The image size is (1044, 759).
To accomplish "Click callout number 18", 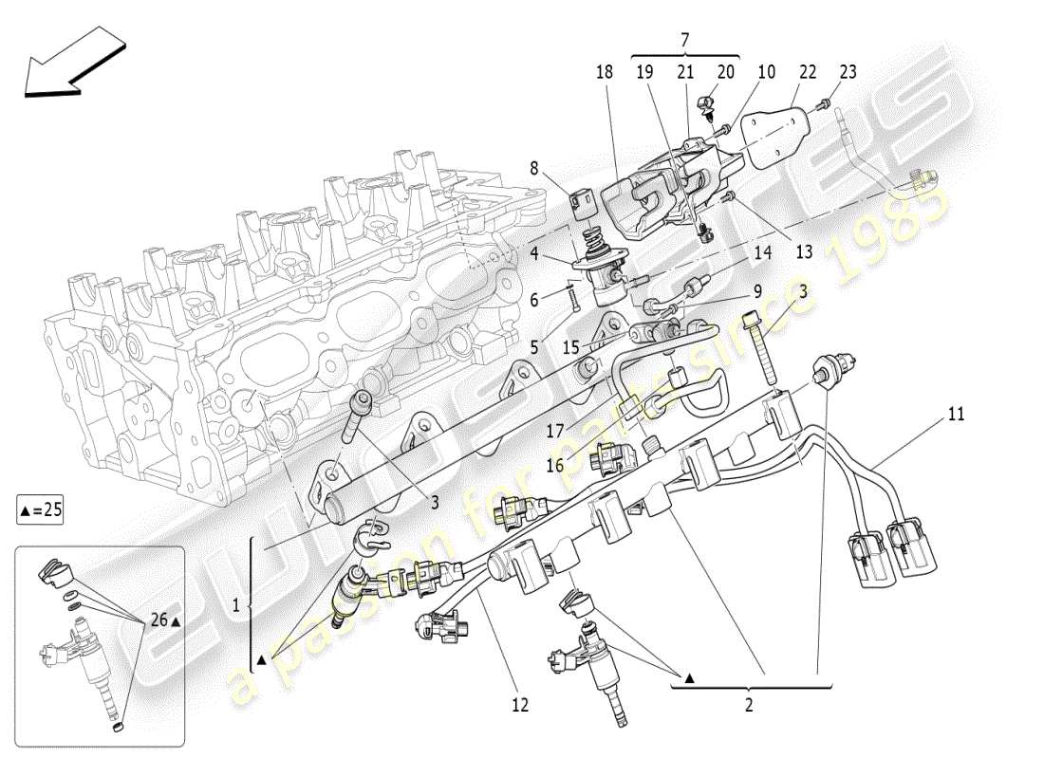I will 605,72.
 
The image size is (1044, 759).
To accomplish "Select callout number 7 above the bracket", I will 685,38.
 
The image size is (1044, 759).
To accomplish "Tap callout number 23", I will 848,72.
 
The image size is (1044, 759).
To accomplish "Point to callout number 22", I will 808,72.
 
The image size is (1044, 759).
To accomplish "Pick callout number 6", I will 534,300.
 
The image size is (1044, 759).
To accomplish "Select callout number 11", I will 956,415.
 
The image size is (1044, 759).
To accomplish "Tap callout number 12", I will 520,704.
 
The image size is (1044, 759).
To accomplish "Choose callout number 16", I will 554,465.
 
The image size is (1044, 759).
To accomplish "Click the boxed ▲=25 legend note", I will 41,510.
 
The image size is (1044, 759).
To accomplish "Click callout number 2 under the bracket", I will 749,704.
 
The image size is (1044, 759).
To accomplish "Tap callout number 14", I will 763,253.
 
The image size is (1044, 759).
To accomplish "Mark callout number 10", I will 766,72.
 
